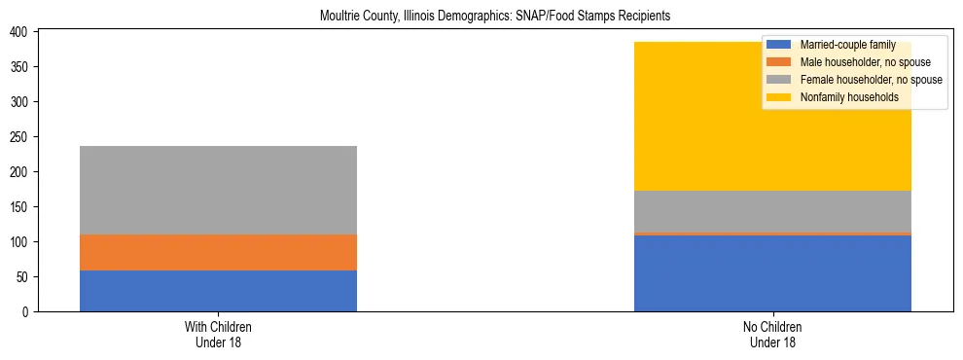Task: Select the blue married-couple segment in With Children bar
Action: click(x=218, y=291)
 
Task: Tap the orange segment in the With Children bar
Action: click(x=218, y=252)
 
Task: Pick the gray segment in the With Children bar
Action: click(x=218, y=190)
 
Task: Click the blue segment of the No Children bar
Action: click(x=772, y=273)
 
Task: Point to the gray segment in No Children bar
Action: click(x=772, y=211)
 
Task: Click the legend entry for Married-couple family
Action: click(x=839, y=45)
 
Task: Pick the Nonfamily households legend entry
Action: click(x=842, y=97)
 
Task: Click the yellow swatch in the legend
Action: click(x=779, y=97)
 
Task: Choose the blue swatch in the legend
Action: click(x=779, y=45)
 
